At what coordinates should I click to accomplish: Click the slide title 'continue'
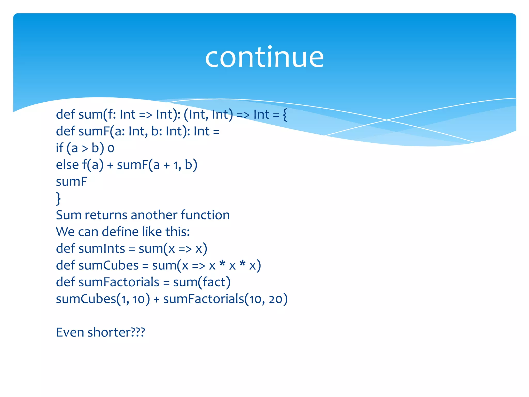click(x=264, y=57)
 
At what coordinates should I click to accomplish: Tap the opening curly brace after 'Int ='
click(x=285, y=115)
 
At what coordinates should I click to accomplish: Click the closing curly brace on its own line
click(x=59, y=198)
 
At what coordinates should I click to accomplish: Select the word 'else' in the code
click(x=67, y=165)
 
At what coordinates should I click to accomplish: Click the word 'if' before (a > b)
click(x=59, y=148)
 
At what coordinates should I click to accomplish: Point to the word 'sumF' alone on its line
click(x=71, y=182)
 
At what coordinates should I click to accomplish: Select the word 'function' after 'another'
click(x=205, y=215)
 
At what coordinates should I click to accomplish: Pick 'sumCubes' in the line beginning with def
click(x=109, y=265)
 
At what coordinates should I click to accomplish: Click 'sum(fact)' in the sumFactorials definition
click(x=202, y=282)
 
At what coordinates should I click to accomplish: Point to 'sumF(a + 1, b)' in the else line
click(x=157, y=165)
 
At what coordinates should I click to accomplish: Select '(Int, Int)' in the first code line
click(x=208, y=114)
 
